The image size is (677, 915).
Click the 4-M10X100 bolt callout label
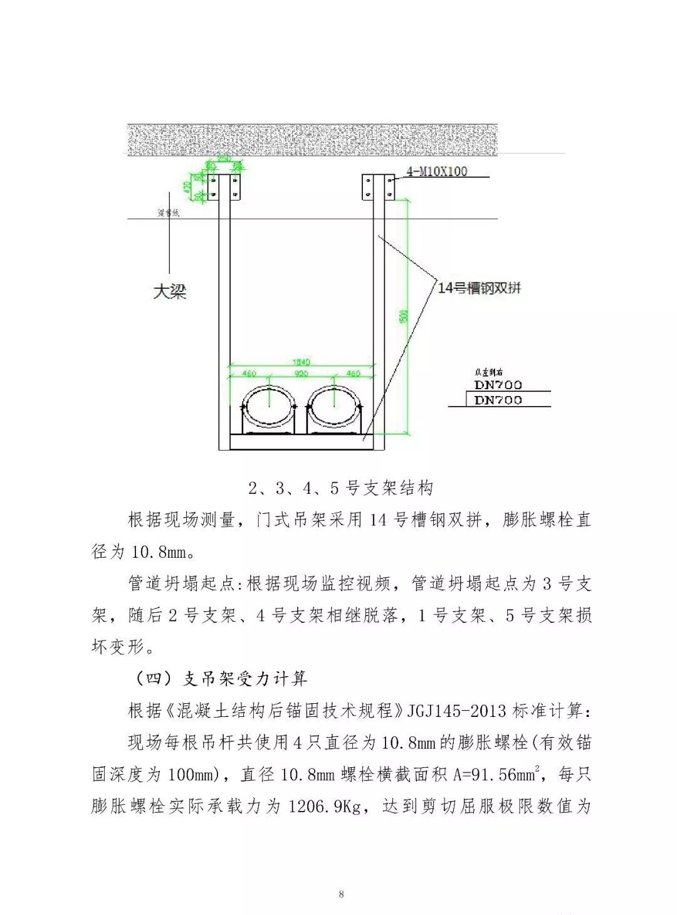(437, 171)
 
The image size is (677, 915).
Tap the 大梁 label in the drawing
(170, 291)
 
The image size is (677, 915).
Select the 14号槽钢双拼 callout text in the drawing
(479, 288)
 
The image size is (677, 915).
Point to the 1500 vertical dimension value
(404, 316)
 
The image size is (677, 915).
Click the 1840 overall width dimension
(301, 362)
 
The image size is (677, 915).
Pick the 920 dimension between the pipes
(302, 374)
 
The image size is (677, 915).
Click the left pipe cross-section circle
(270, 409)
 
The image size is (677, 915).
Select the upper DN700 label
(498, 385)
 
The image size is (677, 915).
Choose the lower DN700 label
(498, 400)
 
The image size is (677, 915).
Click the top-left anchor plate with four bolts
(224, 186)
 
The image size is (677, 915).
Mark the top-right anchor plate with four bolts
(378, 187)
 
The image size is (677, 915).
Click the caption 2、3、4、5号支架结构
(340, 488)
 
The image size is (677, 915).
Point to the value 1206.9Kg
(324, 806)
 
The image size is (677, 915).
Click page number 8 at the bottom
(341, 894)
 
